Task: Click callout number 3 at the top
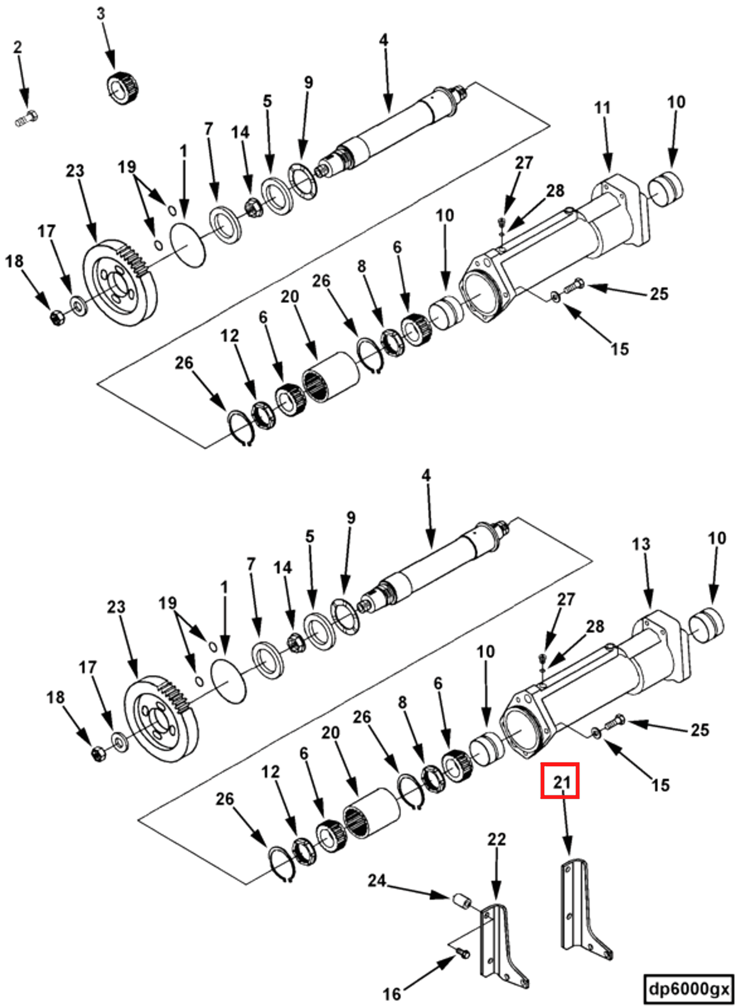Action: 101,14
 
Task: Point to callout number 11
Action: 602,108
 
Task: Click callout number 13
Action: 640,544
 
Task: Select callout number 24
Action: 376,881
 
